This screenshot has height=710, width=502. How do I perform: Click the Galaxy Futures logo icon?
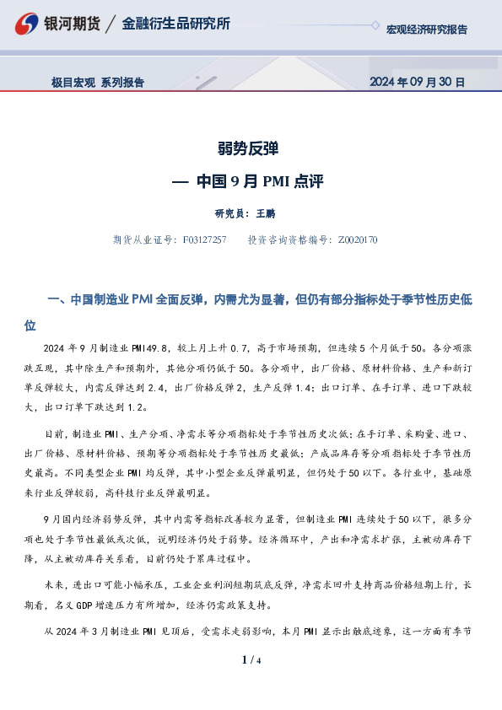(x=28, y=24)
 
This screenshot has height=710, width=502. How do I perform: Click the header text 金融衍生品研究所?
(x=175, y=24)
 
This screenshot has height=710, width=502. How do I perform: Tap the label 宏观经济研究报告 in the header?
(x=426, y=30)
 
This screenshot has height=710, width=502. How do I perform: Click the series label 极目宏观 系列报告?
(x=97, y=83)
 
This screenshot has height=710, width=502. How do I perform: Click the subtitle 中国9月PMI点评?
(x=259, y=181)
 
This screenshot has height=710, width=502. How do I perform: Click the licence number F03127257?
(x=204, y=240)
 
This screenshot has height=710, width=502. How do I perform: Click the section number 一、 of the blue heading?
(x=57, y=300)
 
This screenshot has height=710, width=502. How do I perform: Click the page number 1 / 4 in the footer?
(x=251, y=659)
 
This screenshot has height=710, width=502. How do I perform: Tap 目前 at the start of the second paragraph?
(x=53, y=433)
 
